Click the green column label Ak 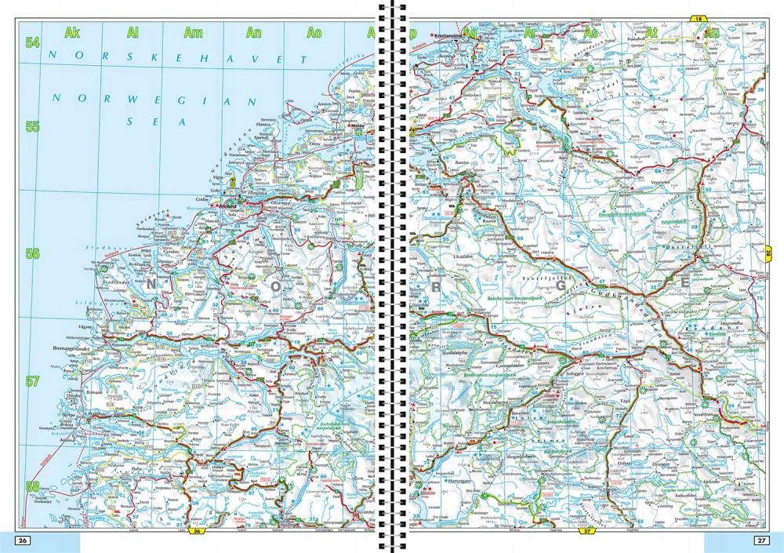coord(73,32)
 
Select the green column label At coord(652,32)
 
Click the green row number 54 coord(32,43)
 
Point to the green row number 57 coord(32,382)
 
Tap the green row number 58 coord(32,486)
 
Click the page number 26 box coord(23,540)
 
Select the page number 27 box coord(760,540)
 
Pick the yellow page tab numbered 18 coord(698,18)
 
